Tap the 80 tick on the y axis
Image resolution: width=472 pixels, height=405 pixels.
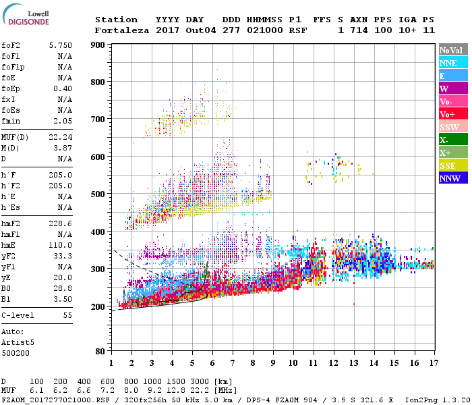[x=100, y=351]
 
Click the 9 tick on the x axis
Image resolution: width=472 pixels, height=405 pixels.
[x=272, y=363]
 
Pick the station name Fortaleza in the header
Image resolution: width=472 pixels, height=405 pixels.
[x=121, y=30]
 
